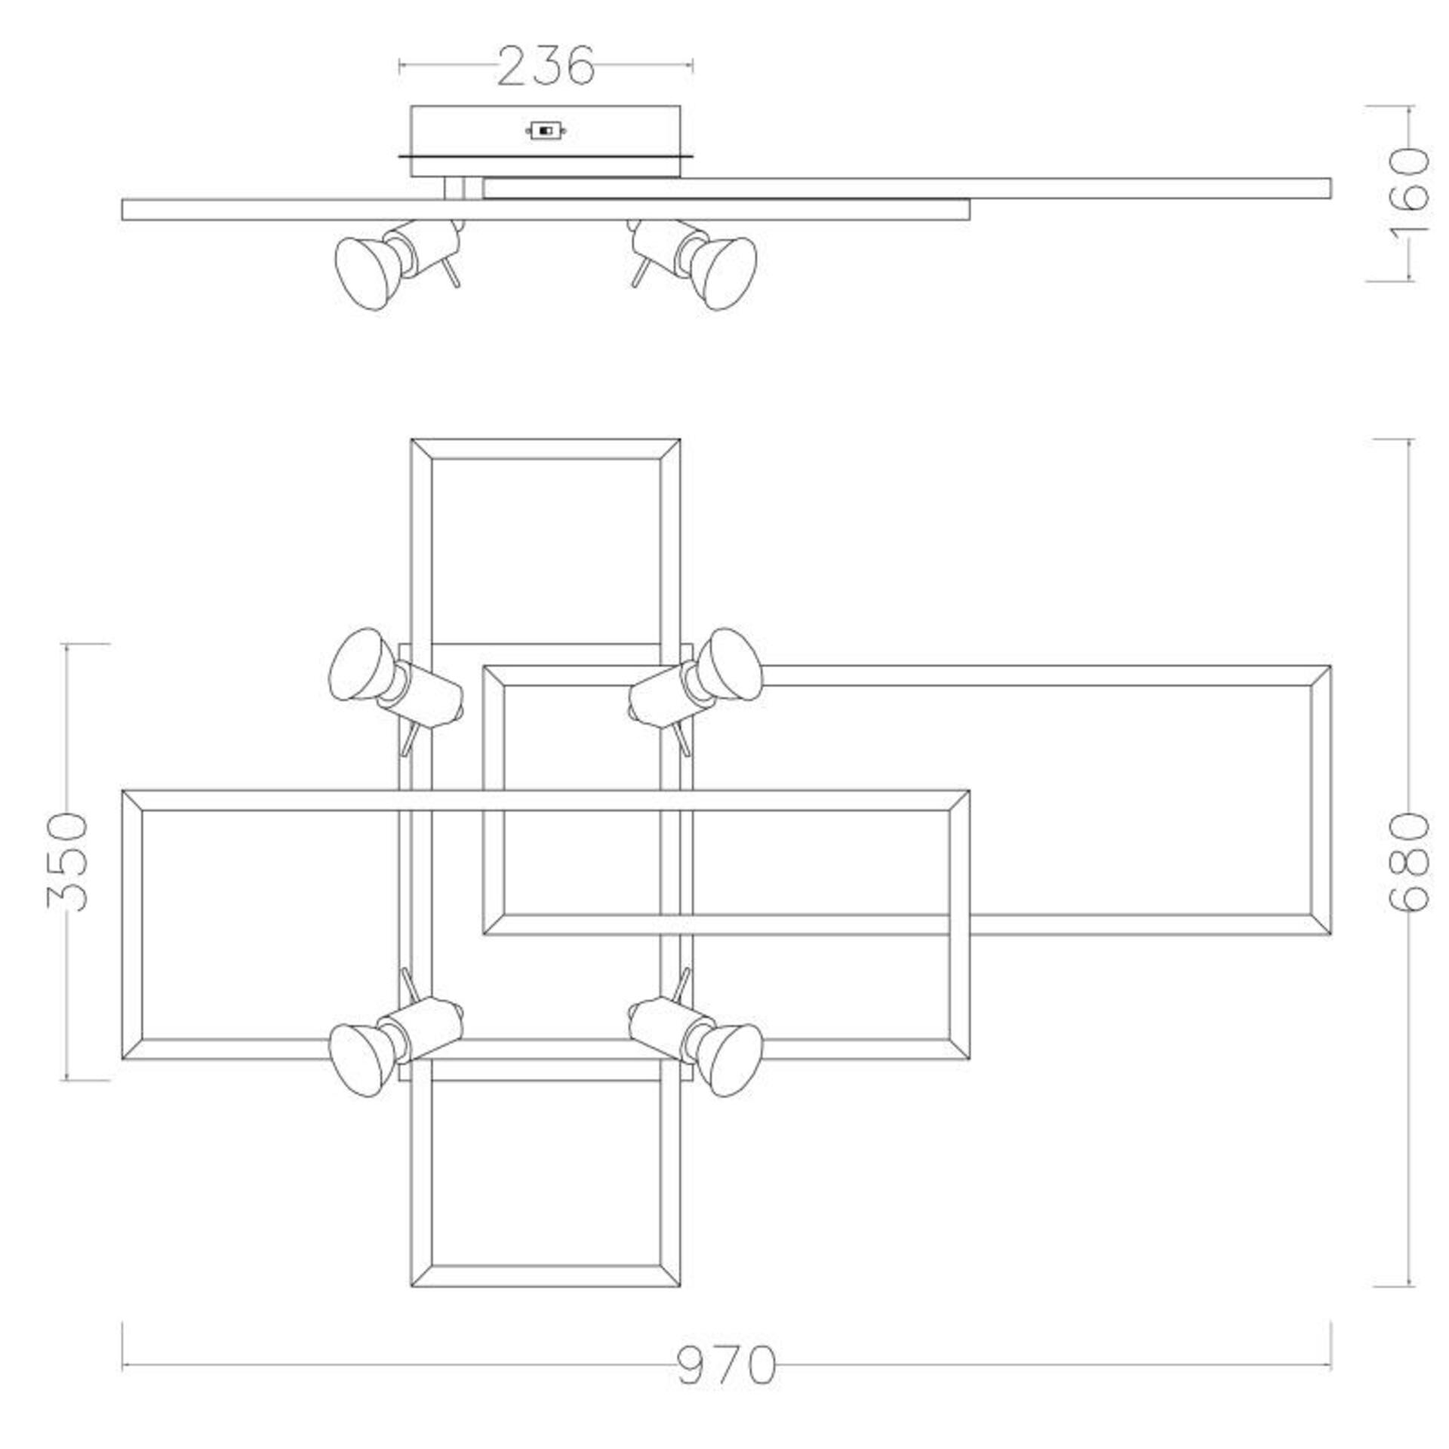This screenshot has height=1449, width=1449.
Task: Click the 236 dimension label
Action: [x=546, y=66]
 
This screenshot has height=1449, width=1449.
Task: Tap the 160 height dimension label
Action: [x=1408, y=193]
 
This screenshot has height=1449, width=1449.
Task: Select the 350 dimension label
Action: [x=67, y=861]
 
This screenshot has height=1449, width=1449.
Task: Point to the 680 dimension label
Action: [x=1409, y=862]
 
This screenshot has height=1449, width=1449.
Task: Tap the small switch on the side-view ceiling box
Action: [x=546, y=131]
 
